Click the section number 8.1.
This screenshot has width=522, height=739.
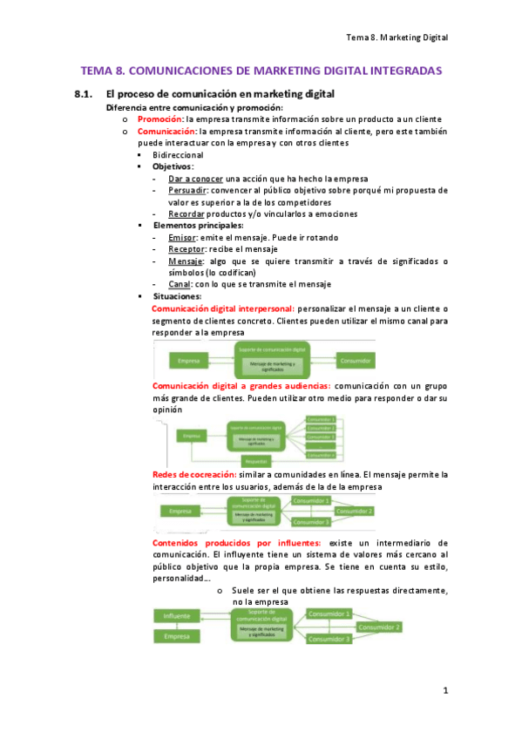84,94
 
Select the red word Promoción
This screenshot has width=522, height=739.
159,119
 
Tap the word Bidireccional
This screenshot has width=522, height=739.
179,154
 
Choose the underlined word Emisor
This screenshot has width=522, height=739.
181,237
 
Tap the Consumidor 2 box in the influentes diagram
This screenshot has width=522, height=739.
379,627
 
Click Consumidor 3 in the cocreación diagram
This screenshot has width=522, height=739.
312,522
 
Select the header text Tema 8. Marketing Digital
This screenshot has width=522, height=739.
396,37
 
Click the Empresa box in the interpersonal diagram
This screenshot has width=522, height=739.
189,360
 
